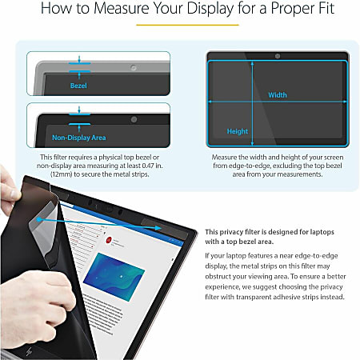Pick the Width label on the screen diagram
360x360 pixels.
point(277,94)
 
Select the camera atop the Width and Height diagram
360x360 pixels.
point(276,57)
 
